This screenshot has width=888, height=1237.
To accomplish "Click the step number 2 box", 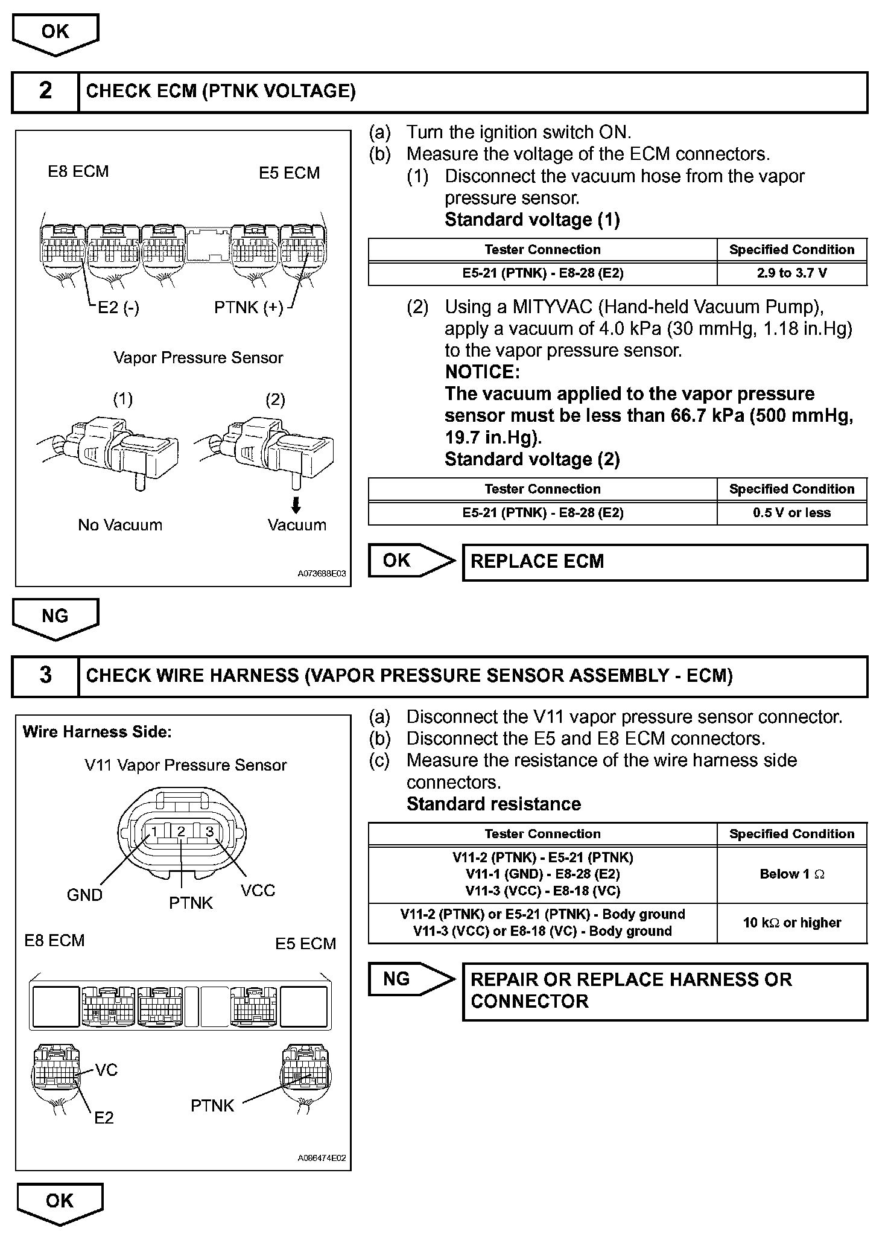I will click(45, 92).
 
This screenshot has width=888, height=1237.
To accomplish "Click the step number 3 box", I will click(45, 676).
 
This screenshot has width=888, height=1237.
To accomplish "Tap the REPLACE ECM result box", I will click(664, 562).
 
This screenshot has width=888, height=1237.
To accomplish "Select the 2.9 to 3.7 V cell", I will click(791, 273).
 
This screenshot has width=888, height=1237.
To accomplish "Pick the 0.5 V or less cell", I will click(791, 513).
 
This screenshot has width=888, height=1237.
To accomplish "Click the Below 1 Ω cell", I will click(791, 874).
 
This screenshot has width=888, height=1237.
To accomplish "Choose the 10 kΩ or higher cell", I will click(791, 923).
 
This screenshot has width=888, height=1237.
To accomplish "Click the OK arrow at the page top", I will click(55, 34).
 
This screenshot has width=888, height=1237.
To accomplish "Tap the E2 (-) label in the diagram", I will click(118, 308).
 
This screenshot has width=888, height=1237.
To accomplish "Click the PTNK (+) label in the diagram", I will click(249, 308).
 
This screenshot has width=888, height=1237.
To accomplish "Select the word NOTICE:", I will click(482, 372).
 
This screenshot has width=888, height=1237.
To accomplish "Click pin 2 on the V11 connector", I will click(181, 832).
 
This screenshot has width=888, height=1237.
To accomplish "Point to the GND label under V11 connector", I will click(84, 895).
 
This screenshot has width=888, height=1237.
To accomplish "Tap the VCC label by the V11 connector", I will click(258, 891).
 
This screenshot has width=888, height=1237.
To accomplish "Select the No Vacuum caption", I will click(120, 525).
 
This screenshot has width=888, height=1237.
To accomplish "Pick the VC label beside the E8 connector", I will click(106, 1070).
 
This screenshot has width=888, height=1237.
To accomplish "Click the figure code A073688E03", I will click(322, 574).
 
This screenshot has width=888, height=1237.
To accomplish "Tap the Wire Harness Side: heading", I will click(97, 732).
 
